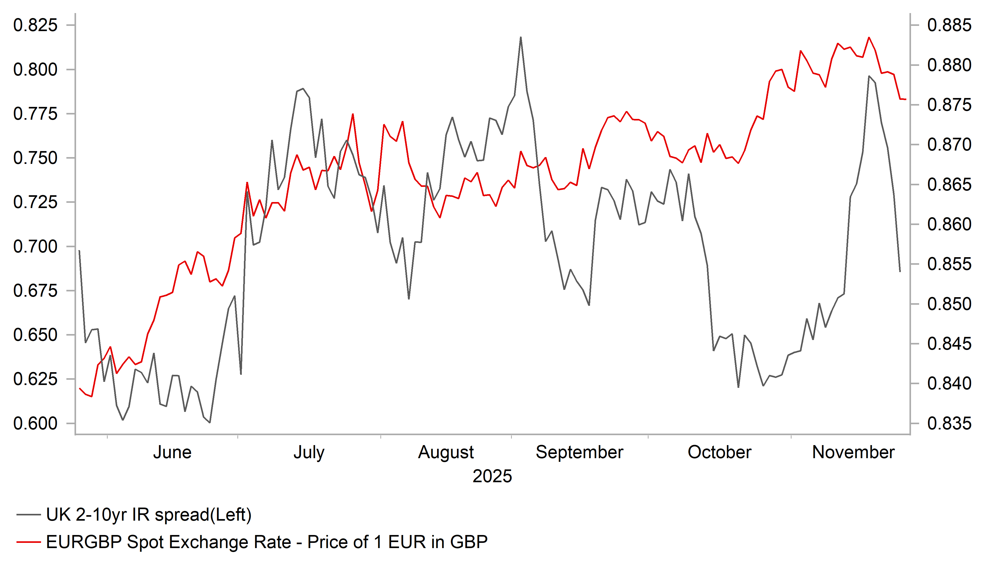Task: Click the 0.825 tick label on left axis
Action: tap(35, 25)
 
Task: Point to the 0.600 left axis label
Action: tap(35, 424)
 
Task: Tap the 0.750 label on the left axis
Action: tap(35, 158)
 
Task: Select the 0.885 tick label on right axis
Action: tap(949, 25)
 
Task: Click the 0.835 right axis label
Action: tap(949, 424)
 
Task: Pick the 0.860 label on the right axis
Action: tap(949, 224)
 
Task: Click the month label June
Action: tap(172, 453)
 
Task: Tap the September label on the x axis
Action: tap(579, 453)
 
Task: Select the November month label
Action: tap(853, 453)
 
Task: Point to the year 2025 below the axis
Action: tap(492, 476)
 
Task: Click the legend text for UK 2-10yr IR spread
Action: tap(148, 515)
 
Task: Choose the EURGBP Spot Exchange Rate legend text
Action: tap(267, 542)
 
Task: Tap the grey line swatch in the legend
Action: tap(28, 515)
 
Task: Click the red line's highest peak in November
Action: tap(869, 38)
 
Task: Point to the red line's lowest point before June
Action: tap(91, 396)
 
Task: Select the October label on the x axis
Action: tap(719, 453)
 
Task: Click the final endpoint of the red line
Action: tap(906, 99)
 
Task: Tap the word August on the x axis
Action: tap(446, 453)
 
